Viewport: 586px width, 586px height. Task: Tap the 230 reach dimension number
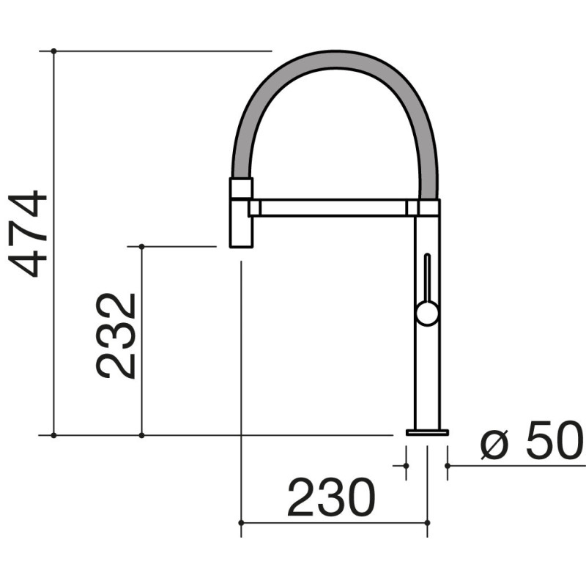pyautogui.click(x=330, y=498)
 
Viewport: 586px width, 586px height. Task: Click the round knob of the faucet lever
pyautogui.click(x=427, y=314)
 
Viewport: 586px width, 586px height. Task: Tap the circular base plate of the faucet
pyautogui.click(x=427, y=432)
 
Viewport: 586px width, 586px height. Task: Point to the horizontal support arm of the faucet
pyautogui.click(x=330, y=208)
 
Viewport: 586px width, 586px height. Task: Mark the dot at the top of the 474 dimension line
pyautogui.click(x=53, y=51)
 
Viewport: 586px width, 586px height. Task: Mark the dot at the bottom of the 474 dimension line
pyautogui.click(x=53, y=435)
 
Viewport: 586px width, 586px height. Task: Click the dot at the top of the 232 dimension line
pyautogui.click(x=141, y=246)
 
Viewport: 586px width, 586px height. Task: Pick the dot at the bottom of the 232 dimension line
pyautogui.click(x=141, y=435)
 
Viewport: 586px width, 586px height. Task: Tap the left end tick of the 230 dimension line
pyautogui.click(x=241, y=523)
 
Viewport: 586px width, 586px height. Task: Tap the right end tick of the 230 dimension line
pyautogui.click(x=427, y=523)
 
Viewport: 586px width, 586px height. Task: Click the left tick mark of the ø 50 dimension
pyautogui.click(x=407, y=464)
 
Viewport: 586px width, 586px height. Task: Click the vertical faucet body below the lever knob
pyautogui.click(x=427, y=374)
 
